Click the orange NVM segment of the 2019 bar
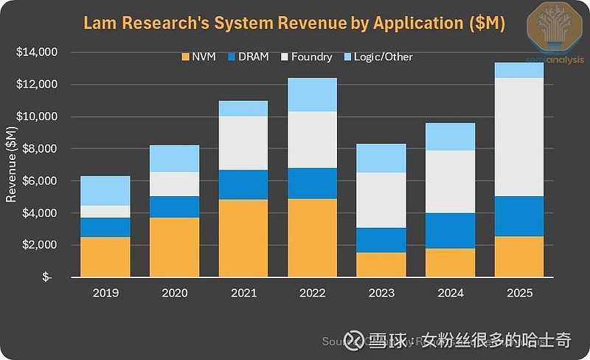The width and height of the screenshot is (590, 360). tap(105, 257)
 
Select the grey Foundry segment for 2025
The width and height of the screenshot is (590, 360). tap(518, 136)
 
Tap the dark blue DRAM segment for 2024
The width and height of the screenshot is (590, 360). tap(450, 231)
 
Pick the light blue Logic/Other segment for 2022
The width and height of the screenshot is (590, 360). tap(312, 94)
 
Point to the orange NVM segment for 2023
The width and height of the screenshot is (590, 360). tap(381, 265)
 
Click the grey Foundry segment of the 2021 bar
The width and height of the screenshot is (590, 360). tap(243, 143)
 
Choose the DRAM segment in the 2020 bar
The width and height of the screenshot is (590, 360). tap(174, 207)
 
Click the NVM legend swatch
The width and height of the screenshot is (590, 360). tap(185, 57)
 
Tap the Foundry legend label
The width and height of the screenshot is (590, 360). tap(312, 57)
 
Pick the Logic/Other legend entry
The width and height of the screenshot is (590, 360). tap(383, 57)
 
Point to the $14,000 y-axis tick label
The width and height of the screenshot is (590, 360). tap(37, 52)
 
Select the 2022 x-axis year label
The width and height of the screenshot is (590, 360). tap(312, 293)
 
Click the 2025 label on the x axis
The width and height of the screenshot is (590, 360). tap(518, 293)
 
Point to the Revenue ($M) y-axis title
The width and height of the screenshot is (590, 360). tap(11, 165)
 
